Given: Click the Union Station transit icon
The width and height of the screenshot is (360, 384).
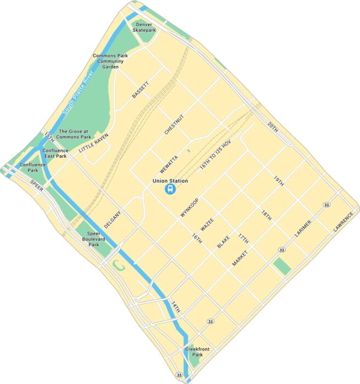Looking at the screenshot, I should pyautogui.click(x=170, y=190).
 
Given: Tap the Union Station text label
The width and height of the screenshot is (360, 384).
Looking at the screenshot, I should pyautogui.click(x=170, y=181).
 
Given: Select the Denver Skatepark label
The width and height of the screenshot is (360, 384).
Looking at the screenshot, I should pyautogui.click(x=144, y=28).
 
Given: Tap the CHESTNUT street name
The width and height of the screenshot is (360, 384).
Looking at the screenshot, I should pyautogui.click(x=173, y=125).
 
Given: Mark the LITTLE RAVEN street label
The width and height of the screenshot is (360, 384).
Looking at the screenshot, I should pyautogui.click(x=94, y=143).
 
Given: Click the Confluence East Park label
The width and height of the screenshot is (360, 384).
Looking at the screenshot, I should pyautogui.click(x=55, y=154).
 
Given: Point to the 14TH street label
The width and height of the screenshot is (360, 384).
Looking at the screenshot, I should pyautogui.click(x=175, y=307).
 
